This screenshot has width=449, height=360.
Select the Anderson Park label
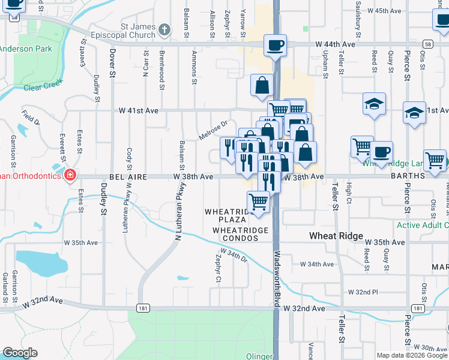click(x=25, y=49)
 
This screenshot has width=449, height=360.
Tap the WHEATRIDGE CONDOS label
click(x=235, y=234)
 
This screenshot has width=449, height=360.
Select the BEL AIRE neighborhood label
click(x=128, y=177)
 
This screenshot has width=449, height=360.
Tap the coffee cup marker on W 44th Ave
click(x=275, y=45)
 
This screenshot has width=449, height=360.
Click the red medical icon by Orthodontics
click(x=70, y=175)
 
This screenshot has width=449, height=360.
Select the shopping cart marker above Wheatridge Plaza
click(x=258, y=202)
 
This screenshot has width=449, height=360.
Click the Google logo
click(x=20, y=353)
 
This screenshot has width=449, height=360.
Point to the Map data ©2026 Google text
click(x=412, y=355)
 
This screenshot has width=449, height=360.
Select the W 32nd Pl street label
click(x=363, y=292)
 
